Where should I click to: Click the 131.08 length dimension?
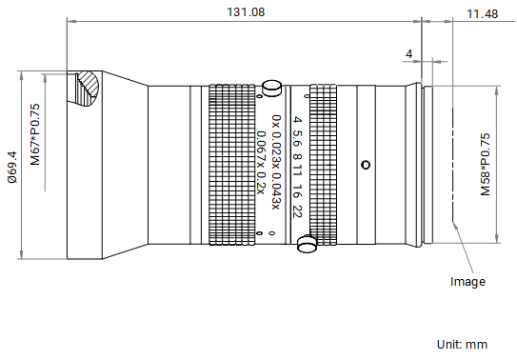[246, 12]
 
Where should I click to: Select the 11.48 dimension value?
[482, 14]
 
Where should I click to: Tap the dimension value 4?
[408, 53]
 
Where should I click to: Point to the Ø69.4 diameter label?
[12, 167]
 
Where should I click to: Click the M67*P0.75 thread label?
[35, 134]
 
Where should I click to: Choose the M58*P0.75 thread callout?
[486, 164]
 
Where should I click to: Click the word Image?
[467, 282]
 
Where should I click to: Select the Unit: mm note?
[462, 344]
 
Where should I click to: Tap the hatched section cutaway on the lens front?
[87, 89]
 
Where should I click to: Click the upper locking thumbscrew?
[272, 88]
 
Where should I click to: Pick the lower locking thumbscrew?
[307, 244]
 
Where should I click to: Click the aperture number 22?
[297, 211]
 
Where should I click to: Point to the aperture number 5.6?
[297, 138]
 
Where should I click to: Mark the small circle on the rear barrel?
[366, 165]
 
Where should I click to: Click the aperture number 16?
[297, 191]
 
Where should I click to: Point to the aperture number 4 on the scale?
[297, 119]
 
